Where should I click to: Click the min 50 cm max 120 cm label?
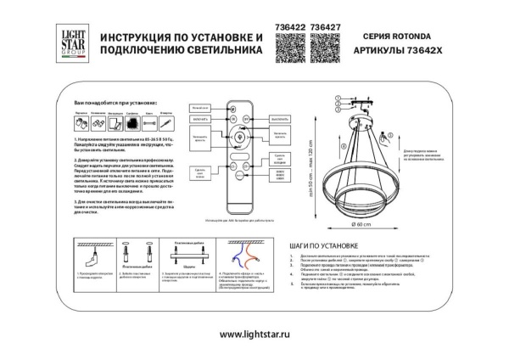click(314, 166)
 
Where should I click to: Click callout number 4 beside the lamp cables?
click(338, 110)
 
